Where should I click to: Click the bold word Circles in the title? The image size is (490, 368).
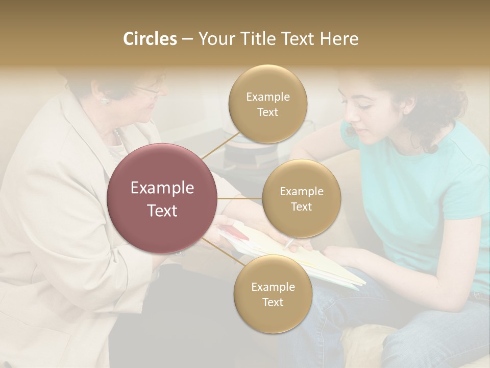(x=150, y=39)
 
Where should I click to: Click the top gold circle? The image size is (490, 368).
(x=267, y=104)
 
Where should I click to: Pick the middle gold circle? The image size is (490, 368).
(x=301, y=198)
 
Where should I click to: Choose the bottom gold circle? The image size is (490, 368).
(x=273, y=294)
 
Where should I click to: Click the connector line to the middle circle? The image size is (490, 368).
(x=240, y=198)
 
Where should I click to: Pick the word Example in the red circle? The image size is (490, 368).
(x=162, y=188)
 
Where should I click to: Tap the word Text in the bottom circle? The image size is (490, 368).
(x=273, y=302)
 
